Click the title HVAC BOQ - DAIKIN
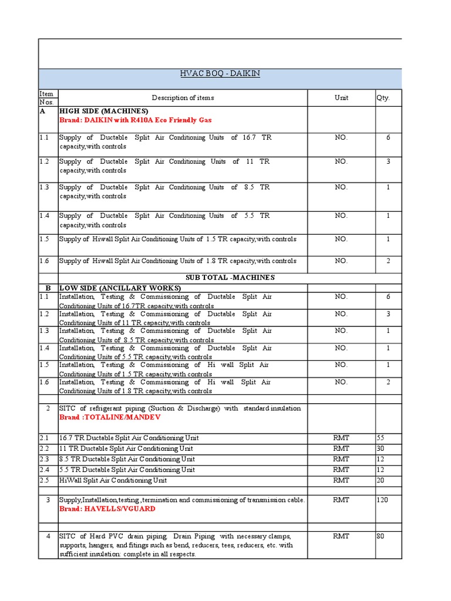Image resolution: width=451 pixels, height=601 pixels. click(x=220, y=73)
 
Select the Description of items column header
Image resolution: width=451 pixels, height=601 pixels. click(x=183, y=98)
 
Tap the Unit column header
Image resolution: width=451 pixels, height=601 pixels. click(x=341, y=98)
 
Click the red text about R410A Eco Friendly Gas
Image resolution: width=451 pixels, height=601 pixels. click(x=135, y=120)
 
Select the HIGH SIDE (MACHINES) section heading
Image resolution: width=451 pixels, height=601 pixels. click(x=103, y=111)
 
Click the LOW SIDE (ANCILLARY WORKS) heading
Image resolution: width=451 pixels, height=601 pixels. click(x=120, y=288)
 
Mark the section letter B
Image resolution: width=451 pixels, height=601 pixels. click(x=47, y=288)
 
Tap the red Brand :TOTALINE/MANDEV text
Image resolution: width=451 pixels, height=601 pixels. click(x=109, y=417)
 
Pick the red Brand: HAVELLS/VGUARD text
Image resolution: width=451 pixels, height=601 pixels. click(x=107, y=509)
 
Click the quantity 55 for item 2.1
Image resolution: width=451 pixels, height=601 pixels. click(x=381, y=438)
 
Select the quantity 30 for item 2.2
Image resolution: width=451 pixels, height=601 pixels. click(x=381, y=448)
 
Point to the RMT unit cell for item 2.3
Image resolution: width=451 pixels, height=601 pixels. click(x=341, y=459)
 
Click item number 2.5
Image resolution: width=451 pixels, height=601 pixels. click(x=45, y=480)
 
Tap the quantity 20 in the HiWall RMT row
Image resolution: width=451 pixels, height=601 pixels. click(x=381, y=480)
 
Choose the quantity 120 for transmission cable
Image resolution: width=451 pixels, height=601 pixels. click(x=382, y=500)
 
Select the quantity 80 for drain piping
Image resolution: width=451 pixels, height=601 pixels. click(x=381, y=536)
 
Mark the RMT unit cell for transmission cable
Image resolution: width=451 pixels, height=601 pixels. click(x=341, y=500)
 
